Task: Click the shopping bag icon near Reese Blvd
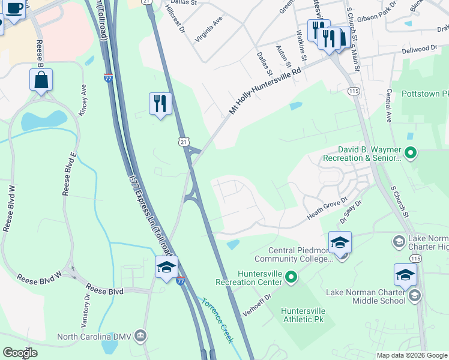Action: pyautogui.click(x=41, y=80)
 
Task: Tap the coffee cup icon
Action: pyautogui.click(x=15, y=8)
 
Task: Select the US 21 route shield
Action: pyautogui.click(x=184, y=141)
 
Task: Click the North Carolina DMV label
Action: pyautogui.click(x=95, y=337)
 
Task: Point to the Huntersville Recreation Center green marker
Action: pyautogui.click(x=291, y=277)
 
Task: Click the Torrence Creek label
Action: pyautogui.click(x=217, y=320)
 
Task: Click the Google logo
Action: pyautogui.click(x=20, y=352)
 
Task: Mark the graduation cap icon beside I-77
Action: pyautogui.click(x=166, y=266)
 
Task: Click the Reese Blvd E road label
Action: pyautogui.click(x=68, y=174)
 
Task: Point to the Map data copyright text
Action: pyautogui.click(x=411, y=355)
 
